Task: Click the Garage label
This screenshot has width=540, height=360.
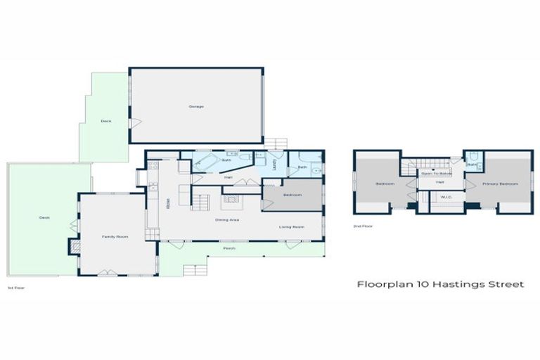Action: tap(195, 106)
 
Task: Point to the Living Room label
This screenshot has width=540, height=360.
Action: tap(291, 226)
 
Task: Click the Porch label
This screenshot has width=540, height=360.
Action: tap(229, 248)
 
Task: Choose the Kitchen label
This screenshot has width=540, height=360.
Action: tap(167, 205)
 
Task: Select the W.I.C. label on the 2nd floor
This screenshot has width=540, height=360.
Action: tap(446, 198)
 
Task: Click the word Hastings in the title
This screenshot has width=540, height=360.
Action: tap(449, 285)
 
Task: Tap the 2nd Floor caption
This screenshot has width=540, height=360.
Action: tap(364, 226)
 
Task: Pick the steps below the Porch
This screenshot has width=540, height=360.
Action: tap(191, 270)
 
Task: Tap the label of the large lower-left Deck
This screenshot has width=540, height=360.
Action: tap(44, 218)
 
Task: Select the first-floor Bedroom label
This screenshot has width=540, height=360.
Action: tap(292, 194)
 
